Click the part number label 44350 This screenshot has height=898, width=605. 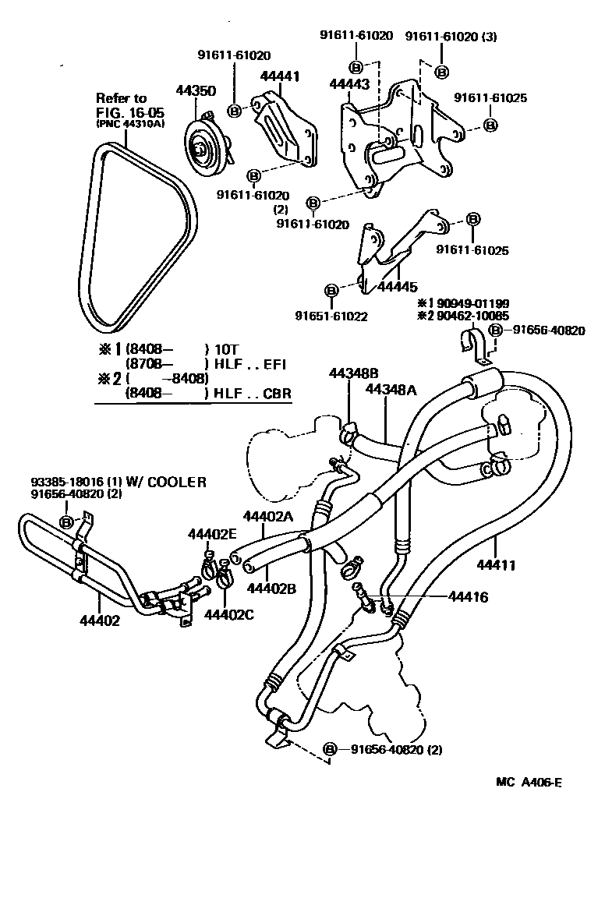tap(195, 91)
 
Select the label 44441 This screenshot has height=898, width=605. tap(279, 76)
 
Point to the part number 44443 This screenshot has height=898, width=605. tap(349, 84)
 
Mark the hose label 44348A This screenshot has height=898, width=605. tap(391, 388)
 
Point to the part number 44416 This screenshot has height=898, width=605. tap(468, 597)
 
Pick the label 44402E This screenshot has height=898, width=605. tap(211, 534)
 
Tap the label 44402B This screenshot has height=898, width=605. tap(271, 589)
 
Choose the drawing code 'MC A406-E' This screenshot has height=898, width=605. tap(529, 782)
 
